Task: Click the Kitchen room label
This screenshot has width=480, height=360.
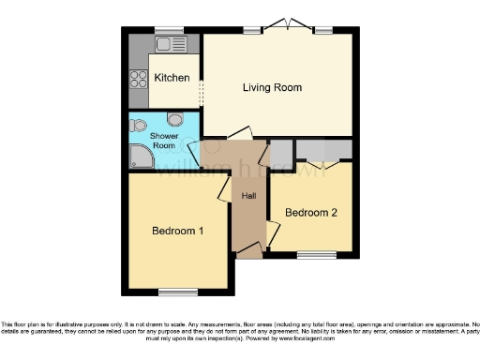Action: point(172,78)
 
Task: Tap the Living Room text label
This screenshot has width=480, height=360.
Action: point(272,88)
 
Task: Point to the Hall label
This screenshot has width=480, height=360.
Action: point(249,196)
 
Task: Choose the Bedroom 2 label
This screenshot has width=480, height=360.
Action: point(311,213)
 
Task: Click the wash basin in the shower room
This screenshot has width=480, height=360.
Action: point(141,127)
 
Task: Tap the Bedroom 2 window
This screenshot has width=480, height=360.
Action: point(310,255)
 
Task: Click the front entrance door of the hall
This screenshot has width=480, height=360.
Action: point(248,251)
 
